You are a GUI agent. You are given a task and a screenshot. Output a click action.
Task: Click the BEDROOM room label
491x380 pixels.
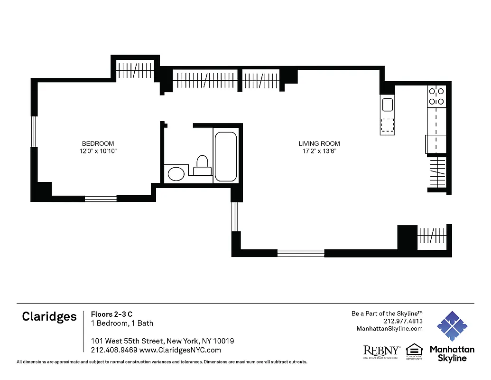click(x=98, y=143)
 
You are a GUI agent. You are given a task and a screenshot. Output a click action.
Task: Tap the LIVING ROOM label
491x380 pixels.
click(x=319, y=143)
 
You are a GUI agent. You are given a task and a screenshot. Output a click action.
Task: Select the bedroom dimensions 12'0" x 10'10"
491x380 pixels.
click(x=98, y=151)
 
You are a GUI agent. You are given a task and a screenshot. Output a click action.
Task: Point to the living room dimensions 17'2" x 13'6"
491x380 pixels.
click(x=319, y=151)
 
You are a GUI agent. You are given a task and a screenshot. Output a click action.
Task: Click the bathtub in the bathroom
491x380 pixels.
click(x=226, y=156)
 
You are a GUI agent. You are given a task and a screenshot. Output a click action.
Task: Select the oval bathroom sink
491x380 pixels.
click(x=176, y=173)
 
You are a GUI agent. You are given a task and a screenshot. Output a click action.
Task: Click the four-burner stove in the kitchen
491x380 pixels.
click(x=436, y=96)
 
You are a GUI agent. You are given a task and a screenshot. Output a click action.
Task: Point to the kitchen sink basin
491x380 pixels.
click(x=388, y=104)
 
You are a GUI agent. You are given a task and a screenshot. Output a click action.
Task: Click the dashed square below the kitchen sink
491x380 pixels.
click(x=388, y=124)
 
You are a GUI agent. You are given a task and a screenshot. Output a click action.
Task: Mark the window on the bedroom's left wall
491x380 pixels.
click(x=34, y=132)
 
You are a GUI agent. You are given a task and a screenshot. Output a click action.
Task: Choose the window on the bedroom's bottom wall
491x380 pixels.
click(x=101, y=199)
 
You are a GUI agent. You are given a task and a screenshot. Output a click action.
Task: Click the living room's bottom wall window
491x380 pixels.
click(x=300, y=253)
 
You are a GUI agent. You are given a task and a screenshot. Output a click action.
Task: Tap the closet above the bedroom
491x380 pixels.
click(x=135, y=70)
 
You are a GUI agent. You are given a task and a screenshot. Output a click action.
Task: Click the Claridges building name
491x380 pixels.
click(x=49, y=317)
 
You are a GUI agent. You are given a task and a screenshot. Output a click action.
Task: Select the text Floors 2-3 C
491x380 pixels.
click(x=111, y=313)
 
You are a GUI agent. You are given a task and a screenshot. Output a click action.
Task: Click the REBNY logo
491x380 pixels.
click(x=381, y=351)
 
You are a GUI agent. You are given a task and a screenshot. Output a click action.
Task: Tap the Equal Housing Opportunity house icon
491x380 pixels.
click(x=414, y=350)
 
